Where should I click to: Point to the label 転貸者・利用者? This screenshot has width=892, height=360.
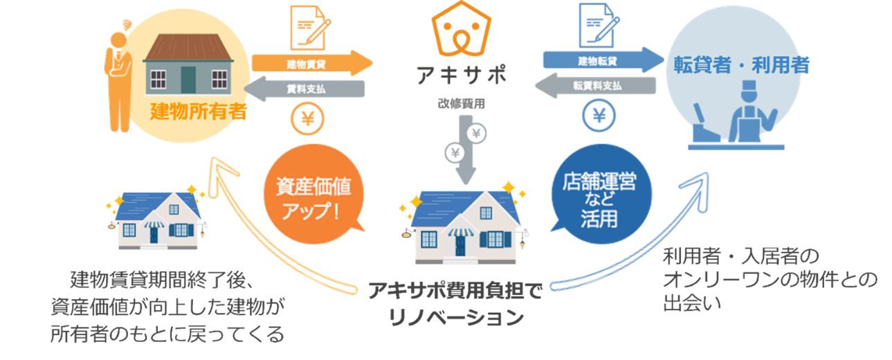click(x=741, y=66)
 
